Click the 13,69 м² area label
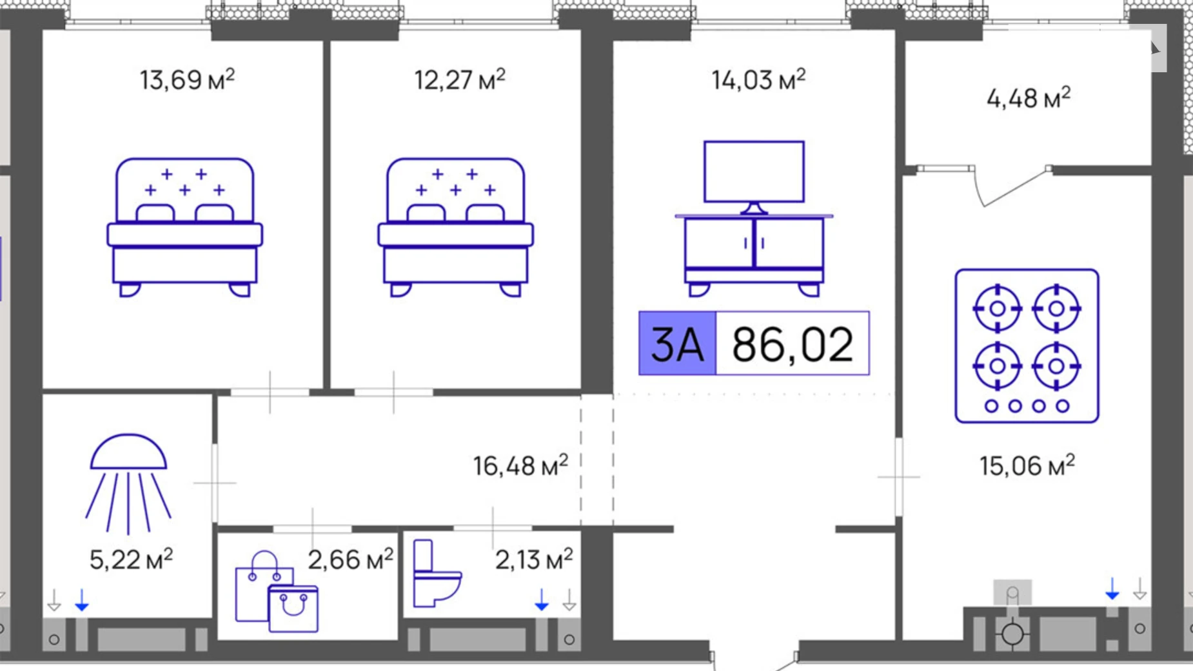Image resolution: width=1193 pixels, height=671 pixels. [x=187, y=80]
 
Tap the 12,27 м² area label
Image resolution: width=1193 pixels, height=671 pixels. [x=459, y=80]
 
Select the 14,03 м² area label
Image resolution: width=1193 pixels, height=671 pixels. [x=758, y=80]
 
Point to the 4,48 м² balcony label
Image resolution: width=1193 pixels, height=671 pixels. [x=1029, y=98]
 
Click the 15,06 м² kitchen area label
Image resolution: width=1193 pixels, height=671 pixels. [x=1027, y=465]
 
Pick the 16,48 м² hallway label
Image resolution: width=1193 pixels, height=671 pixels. [x=520, y=465]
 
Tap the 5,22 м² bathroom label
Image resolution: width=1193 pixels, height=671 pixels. [x=131, y=559]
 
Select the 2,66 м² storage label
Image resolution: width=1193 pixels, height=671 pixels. [x=350, y=559]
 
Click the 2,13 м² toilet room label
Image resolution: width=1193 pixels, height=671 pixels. [x=534, y=559]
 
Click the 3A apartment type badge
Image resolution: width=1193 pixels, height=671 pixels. [x=677, y=343]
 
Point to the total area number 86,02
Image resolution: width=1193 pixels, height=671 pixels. [x=793, y=343]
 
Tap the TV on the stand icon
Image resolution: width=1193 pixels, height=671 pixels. [x=754, y=218]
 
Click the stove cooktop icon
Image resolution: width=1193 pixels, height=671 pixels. [x=1027, y=346]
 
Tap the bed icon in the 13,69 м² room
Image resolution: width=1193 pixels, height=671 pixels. [x=184, y=227]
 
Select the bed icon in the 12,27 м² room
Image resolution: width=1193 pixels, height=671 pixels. [x=455, y=227]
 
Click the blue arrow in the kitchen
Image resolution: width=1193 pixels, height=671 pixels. [x=1112, y=588]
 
